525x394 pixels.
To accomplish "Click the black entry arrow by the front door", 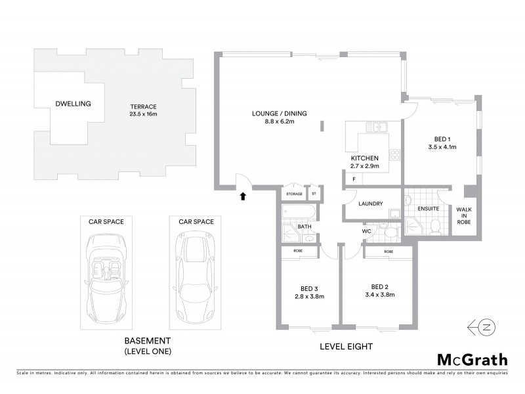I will (x=243, y=195).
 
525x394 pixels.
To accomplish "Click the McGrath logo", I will (x=472, y=359).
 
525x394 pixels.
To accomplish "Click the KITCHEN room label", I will (x=365, y=159).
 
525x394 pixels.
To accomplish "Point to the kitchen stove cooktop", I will (x=395, y=156).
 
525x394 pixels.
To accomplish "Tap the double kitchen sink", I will (x=378, y=127).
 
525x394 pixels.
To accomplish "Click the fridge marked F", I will (x=354, y=179).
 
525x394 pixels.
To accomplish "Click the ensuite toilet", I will (x=434, y=227).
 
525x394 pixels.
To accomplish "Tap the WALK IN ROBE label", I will (x=465, y=215).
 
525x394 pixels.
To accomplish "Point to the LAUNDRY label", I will (x=371, y=204).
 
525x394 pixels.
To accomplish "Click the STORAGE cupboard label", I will (x=294, y=194).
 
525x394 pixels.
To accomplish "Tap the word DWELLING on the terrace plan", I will (x=73, y=104).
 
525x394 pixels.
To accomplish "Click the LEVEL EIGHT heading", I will (x=346, y=346).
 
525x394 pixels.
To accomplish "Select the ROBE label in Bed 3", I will (x=297, y=252).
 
